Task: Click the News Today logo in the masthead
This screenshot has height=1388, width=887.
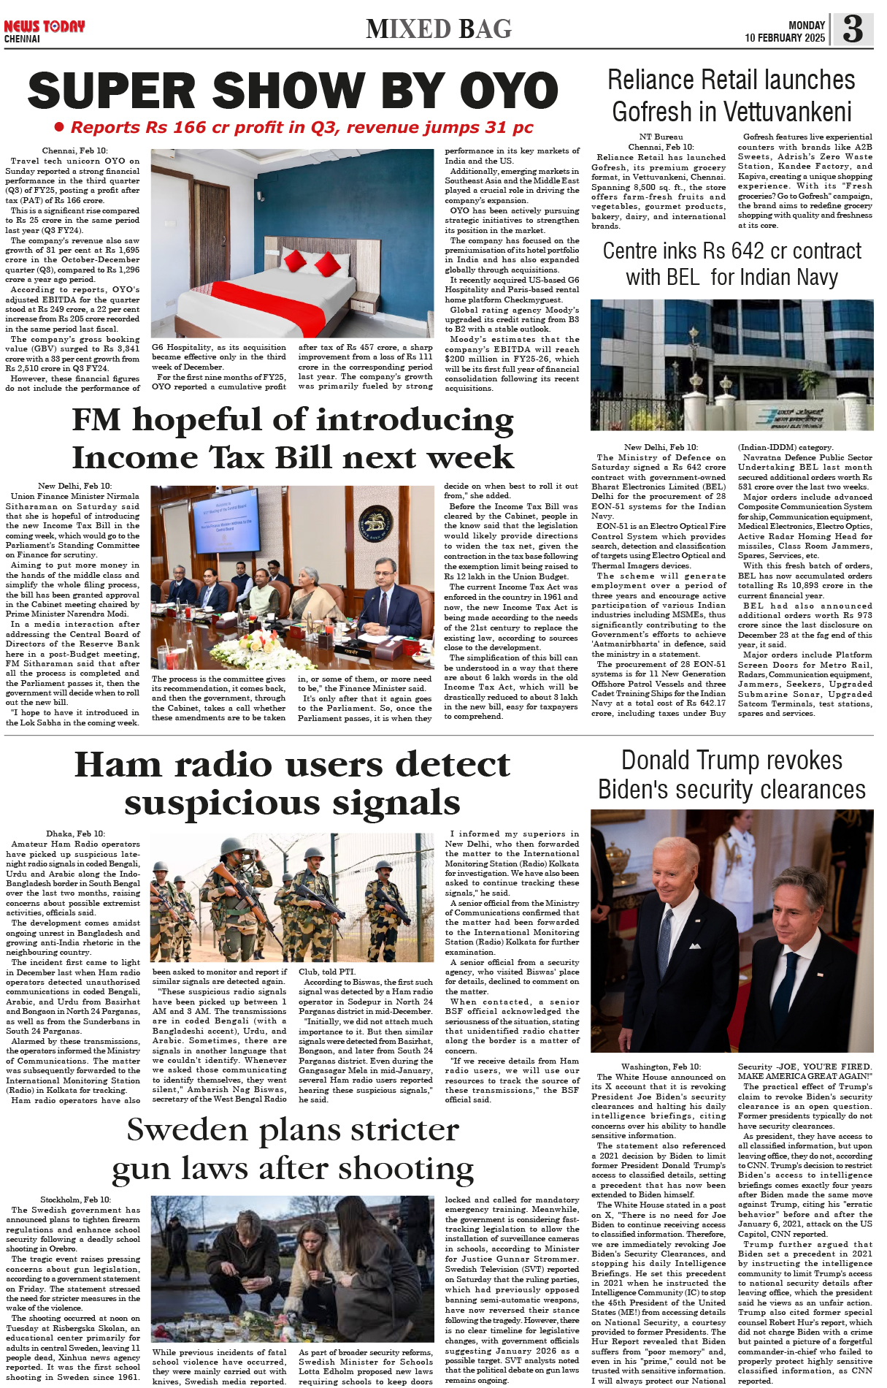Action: click(44, 27)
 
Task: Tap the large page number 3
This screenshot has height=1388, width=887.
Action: click(852, 29)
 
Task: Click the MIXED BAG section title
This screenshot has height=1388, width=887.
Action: click(439, 29)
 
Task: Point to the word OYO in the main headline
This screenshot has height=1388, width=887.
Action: click(508, 92)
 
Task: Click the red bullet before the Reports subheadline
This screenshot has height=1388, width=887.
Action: click(59, 127)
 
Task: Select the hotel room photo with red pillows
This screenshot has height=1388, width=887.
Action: click(292, 243)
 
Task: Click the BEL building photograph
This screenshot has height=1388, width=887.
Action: click(732, 365)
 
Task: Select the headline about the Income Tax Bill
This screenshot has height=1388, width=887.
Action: click(293, 438)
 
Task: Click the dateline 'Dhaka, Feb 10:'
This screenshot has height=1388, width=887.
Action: click(75, 834)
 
